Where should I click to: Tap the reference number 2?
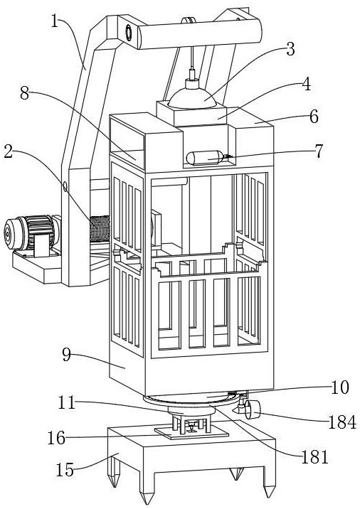9,151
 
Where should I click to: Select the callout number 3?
290,49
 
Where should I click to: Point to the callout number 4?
306,84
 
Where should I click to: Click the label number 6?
314,117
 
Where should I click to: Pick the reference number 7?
319,151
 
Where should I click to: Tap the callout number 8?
25,94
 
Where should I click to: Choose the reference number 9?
67,355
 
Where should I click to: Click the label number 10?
340,387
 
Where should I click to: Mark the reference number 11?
67,403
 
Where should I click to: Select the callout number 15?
65,469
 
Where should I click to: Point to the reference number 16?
56,438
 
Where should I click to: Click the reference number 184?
342,423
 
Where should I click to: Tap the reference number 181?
315,458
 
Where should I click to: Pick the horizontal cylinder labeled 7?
206,158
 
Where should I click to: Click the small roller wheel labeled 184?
252,409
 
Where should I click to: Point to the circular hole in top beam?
129,33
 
